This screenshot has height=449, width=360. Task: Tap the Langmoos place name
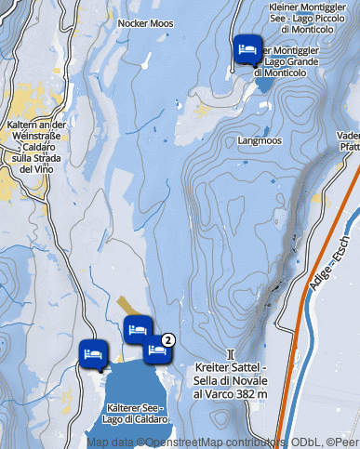click(x=260, y=141)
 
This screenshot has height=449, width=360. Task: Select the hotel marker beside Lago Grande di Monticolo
click(x=247, y=48)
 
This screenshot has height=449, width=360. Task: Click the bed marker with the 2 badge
click(x=156, y=349)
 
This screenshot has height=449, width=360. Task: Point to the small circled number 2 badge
click(x=168, y=339)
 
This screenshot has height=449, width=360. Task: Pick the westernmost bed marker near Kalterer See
click(x=93, y=352)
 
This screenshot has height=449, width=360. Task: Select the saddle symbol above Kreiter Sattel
click(x=230, y=354)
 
